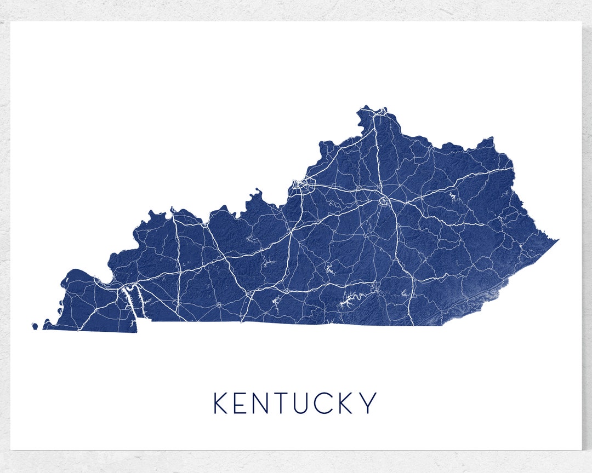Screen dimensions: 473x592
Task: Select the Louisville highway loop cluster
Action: coord(303,184)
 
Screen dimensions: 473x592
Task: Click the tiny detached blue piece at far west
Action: coord(35,326)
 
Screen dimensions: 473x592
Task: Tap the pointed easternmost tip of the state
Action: coord(557,240)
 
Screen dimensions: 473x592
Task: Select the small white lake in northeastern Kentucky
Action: coord(453,195)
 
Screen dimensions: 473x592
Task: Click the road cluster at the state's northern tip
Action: coord(378,112)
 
